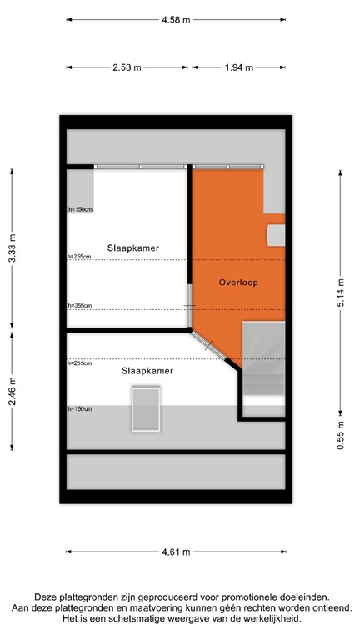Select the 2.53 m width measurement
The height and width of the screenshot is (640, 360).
pos(127,67)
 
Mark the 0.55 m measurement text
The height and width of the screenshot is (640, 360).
pos(341,434)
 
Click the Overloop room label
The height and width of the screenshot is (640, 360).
pos(238,282)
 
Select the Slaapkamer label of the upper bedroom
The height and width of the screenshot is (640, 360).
pos(132,248)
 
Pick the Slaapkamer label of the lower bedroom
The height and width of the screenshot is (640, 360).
pos(147,371)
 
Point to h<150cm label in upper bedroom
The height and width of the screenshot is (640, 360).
pos(81,209)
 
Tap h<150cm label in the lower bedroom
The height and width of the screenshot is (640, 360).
pos(80,409)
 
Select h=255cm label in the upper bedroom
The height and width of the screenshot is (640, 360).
pos(80,257)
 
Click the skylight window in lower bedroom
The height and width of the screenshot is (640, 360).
pos(146,409)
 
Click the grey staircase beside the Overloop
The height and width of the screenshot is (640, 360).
pos(263,359)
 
